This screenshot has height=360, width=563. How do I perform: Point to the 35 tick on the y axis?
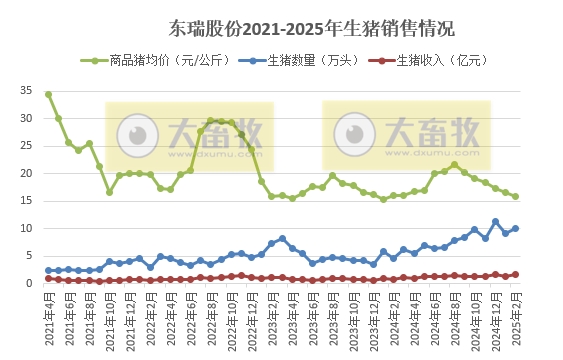click(26, 91)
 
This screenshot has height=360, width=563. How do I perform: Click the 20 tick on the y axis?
click(26, 173)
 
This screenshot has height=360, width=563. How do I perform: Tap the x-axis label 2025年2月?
click(516, 315)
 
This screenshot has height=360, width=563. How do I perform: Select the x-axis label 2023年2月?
click(272, 315)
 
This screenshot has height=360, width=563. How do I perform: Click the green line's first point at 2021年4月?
click(48, 94)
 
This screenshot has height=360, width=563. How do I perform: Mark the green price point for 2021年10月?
click(109, 191)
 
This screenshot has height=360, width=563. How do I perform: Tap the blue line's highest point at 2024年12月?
click(495, 221)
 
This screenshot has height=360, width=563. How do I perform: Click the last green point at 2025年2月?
click(515, 196)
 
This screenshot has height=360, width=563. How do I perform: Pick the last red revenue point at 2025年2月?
click(515, 274)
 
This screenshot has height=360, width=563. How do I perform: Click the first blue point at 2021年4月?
click(48, 270)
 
